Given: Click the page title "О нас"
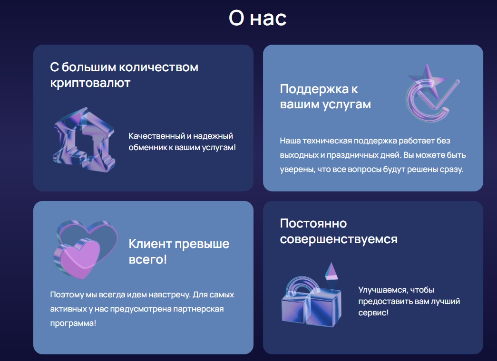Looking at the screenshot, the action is coord(258,18).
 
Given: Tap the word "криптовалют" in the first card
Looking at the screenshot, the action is coord(90,83).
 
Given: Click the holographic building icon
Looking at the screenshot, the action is coord(84,140).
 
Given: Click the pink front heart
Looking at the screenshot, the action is coord(78,258).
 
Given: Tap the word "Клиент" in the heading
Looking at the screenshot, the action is coord(150,244).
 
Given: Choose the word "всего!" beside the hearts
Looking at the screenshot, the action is coord(148,260).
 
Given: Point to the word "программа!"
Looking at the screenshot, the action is coord(73,323).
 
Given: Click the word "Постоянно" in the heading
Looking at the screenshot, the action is coord(313,224).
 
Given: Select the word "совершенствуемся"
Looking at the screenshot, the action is coord(339,239).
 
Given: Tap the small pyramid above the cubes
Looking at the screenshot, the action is coord(331,272).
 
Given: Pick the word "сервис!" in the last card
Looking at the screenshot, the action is coord(373,313).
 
